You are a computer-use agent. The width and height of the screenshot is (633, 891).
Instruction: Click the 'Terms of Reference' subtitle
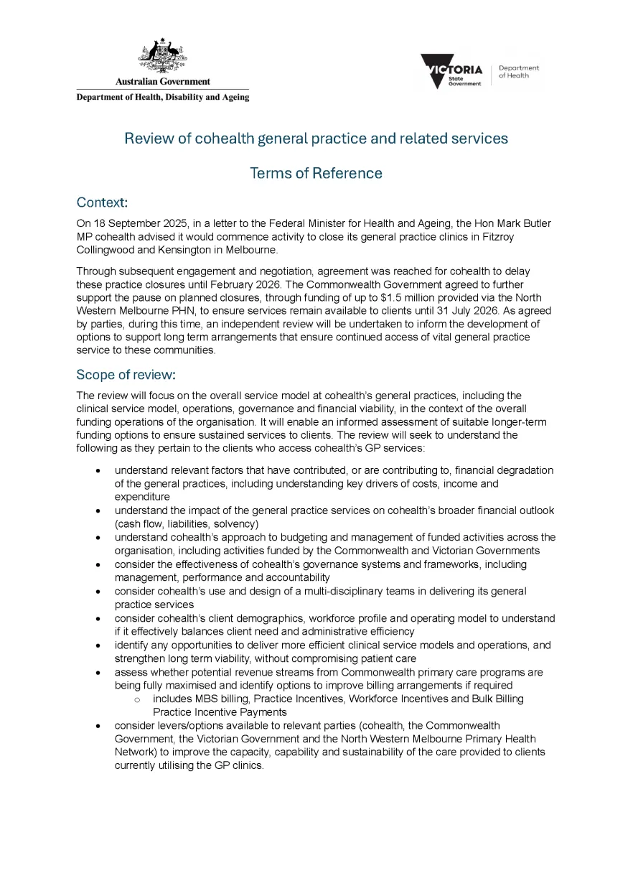click(x=316, y=173)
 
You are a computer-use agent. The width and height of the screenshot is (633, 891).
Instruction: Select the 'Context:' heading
click(x=102, y=204)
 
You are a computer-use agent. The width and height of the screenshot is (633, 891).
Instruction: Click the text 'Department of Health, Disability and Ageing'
click(x=163, y=98)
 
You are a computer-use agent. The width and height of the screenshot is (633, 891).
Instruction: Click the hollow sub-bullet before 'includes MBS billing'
click(x=136, y=699)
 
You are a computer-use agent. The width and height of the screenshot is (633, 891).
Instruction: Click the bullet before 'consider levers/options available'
click(x=98, y=726)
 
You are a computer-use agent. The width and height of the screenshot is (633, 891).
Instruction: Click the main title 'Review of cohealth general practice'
click(x=316, y=139)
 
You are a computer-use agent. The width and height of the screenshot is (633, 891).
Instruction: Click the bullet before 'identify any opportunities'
click(x=98, y=645)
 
